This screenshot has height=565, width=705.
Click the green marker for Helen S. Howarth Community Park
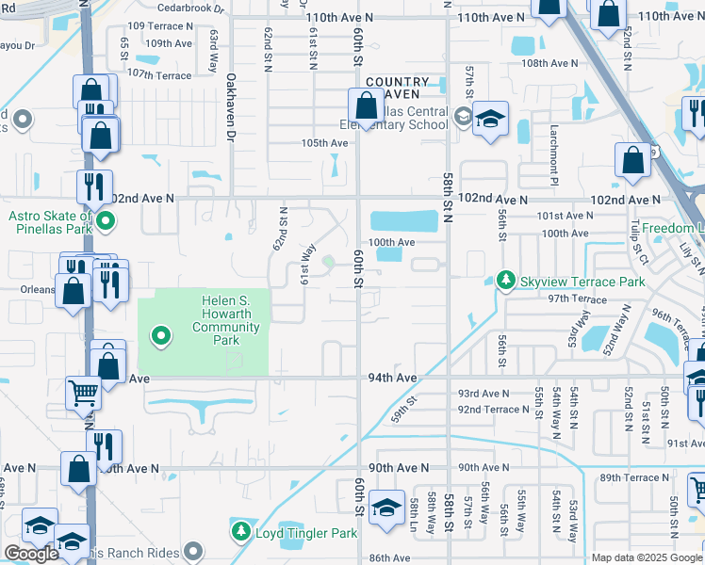point(161,334)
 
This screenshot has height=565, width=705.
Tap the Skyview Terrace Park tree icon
point(505,281)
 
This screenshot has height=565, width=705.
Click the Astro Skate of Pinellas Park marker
point(107,222)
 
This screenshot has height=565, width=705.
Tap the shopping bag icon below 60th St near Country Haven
point(366,106)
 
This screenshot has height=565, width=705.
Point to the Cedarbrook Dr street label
point(194,7)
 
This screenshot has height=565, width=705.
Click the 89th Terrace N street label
point(637,477)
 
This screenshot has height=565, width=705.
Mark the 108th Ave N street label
point(549,63)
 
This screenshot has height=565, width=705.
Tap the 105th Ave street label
point(324,143)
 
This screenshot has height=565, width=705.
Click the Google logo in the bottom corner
point(31,554)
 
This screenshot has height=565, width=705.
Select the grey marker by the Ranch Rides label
point(194,550)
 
